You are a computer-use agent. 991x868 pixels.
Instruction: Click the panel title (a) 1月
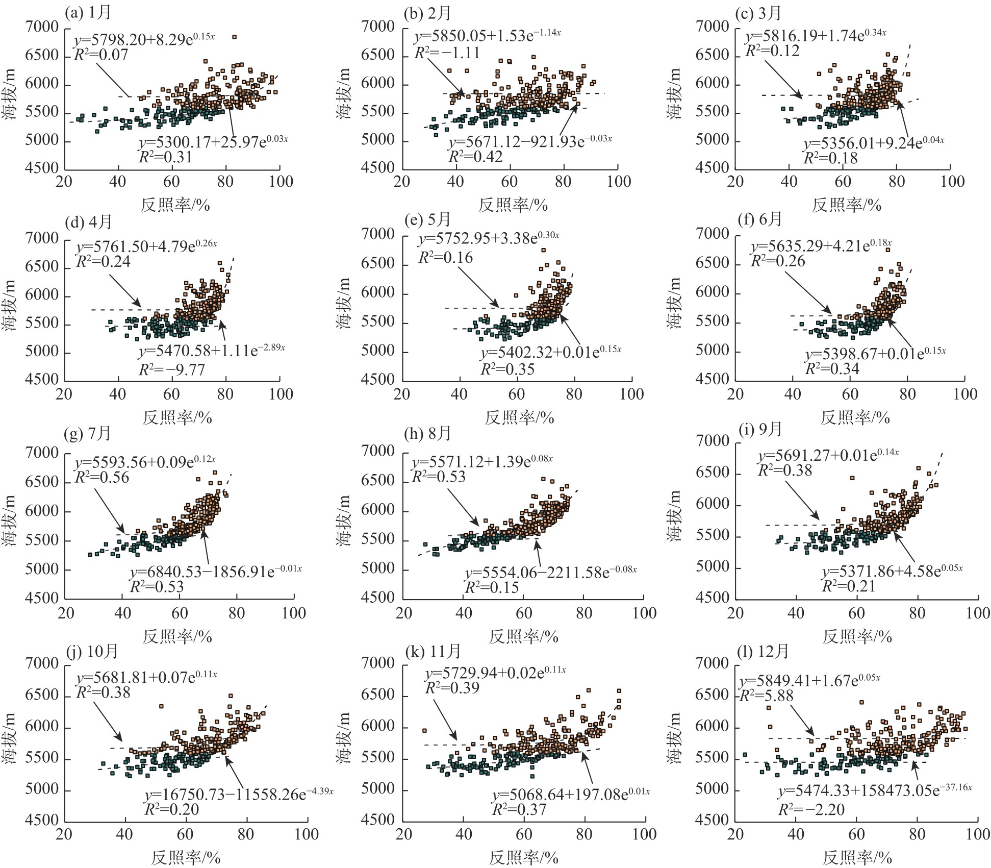(88, 12)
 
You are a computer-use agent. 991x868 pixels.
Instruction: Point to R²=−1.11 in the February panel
(447, 53)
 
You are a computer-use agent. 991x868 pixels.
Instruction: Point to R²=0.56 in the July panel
(102, 478)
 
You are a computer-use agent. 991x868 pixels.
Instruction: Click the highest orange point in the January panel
(234, 37)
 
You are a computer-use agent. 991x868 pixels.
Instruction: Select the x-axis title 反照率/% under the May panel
(519, 418)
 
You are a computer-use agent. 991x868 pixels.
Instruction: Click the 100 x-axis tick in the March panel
(952, 182)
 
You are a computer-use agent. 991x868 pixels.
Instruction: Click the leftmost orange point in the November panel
(424, 730)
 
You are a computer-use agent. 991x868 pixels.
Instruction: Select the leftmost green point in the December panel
(745, 754)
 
